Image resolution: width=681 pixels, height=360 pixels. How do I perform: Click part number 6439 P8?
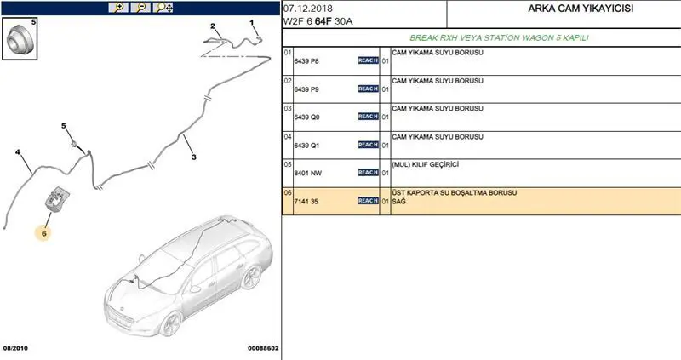(306, 61)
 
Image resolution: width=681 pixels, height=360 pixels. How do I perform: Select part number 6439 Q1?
(306, 146)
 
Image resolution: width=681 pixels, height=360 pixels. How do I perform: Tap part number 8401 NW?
(307, 174)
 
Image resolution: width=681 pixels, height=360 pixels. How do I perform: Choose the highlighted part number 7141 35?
(306, 202)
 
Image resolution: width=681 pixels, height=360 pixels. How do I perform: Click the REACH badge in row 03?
(369, 117)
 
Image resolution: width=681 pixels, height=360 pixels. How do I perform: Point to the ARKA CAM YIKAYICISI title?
(581, 9)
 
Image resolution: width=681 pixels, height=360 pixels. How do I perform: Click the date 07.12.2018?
(308, 9)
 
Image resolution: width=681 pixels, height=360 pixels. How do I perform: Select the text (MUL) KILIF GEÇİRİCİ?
(425, 164)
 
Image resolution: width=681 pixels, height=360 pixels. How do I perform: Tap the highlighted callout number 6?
(44, 234)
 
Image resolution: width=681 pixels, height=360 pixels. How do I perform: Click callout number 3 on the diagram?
(194, 157)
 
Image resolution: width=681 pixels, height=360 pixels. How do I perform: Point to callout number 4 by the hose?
(18, 152)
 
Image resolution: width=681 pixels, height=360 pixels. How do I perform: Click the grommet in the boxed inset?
(19, 39)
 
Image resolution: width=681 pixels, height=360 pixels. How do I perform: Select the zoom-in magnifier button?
(118, 8)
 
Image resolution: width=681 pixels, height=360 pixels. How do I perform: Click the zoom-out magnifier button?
(140, 8)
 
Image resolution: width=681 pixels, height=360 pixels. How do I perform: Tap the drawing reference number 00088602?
(263, 348)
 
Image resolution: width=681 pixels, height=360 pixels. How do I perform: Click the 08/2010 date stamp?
(15, 348)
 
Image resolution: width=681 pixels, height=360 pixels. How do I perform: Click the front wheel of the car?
(170, 324)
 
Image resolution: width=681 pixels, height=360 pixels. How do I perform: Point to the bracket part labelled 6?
(57, 199)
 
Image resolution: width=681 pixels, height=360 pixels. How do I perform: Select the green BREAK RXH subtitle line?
(499, 38)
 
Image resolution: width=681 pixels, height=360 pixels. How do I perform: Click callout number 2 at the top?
(213, 26)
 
